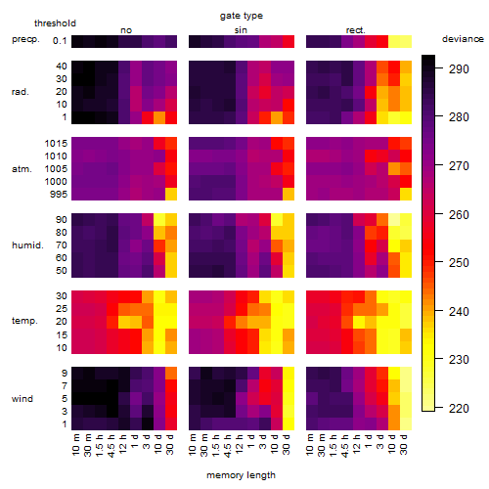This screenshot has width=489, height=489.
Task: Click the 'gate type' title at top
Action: coord(242,17)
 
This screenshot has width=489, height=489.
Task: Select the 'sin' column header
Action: coord(241,30)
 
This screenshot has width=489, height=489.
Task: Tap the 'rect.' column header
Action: coord(355,30)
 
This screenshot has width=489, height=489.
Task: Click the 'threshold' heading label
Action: coord(55,23)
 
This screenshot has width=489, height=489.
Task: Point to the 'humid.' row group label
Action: coord(27,245)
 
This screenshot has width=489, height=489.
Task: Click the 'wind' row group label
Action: coord(22,399)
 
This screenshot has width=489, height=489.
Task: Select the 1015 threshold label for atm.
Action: coord(56,143)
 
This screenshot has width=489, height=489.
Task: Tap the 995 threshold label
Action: coord(59,195)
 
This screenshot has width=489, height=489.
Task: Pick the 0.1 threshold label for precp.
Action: coord(60,41)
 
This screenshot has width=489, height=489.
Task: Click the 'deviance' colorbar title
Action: coord(463,39)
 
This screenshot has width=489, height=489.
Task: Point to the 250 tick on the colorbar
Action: coord(459,263)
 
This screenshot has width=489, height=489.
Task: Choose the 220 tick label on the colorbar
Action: coord(459,408)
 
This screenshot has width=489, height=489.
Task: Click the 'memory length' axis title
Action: coord(241,475)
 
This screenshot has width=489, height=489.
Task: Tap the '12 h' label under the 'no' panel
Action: coord(124,444)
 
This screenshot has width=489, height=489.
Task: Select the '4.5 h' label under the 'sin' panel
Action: coord(230,445)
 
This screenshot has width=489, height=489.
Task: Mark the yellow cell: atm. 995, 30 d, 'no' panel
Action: coord(171,195)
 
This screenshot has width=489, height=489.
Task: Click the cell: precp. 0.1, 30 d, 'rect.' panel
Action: coord(406,41)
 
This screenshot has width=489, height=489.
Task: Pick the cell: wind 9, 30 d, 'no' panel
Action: coord(171,374)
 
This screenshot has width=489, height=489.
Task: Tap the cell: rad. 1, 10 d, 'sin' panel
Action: coord(277,117)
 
